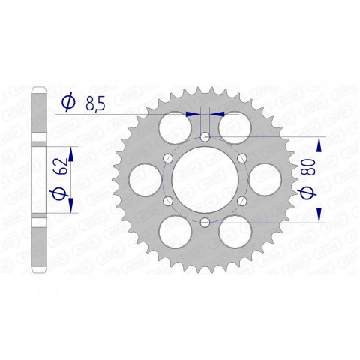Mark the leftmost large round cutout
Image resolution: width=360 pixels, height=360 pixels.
coord(144,180)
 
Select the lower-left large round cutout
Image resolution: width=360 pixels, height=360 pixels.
coord(174,233)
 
